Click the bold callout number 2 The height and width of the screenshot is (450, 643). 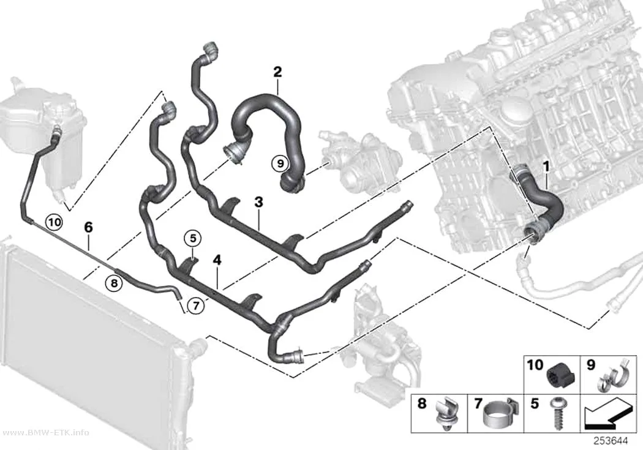(277, 72)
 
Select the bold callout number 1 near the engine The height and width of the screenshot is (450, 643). (546, 167)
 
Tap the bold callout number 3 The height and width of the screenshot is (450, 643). (259, 201)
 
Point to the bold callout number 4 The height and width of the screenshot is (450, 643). (217, 260)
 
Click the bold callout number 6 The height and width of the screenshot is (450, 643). (89, 227)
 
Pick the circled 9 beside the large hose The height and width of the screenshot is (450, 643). (280, 163)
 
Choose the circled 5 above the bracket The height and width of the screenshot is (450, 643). (193, 238)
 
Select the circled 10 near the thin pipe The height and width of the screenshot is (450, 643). (55, 222)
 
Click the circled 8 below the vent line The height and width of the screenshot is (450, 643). (114, 282)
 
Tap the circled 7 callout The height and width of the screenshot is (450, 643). (196, 306)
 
